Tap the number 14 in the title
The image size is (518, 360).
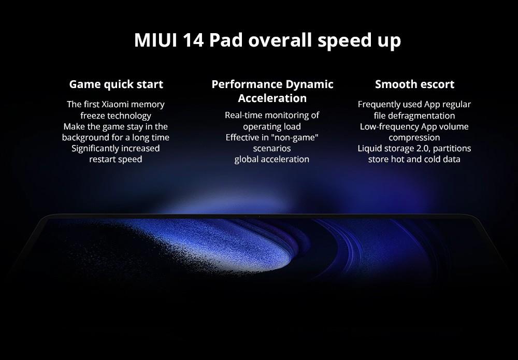[x=193, y=40]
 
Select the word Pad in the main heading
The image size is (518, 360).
[x=226, y=40]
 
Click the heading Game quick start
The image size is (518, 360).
[x=116, y=84]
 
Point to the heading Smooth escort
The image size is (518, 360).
[x=414, y=84]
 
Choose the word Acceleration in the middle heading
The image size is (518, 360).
[x=272, y=98]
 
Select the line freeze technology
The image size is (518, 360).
[x=116, y=116]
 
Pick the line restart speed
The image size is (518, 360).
[x=116, y=160]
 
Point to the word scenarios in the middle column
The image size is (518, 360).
[x=272, y=149]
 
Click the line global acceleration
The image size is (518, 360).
[x=272, y=160]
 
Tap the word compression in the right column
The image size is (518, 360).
[x=414, y=138]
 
